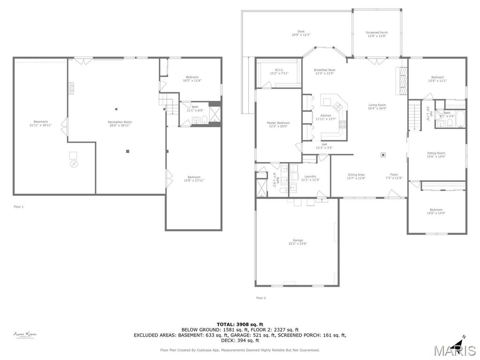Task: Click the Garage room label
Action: pos(298,242)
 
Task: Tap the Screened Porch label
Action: pos(377,34)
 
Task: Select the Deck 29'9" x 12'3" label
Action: pos(301,33)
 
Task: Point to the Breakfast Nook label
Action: pos(324,71)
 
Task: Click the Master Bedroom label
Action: pos(278,124)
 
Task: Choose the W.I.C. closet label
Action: pos(278,71)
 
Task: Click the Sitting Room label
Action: pos(436,155)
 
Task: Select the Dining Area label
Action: pos(356,176)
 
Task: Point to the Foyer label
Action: pos(394,176)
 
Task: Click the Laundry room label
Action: pos(310,178)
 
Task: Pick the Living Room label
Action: pos(377,106)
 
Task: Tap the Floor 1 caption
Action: pos(19,207)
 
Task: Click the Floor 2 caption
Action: pos(261,298)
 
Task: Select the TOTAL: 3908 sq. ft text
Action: pos(240,324)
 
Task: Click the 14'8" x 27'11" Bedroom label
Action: pos(194,179)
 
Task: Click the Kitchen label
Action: pos(325,117)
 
